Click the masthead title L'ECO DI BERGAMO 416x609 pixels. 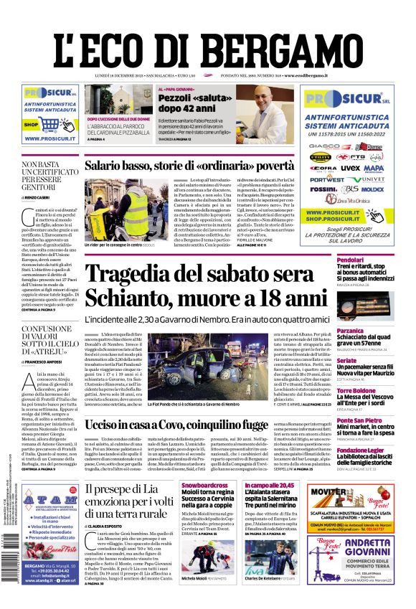point(207,42)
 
